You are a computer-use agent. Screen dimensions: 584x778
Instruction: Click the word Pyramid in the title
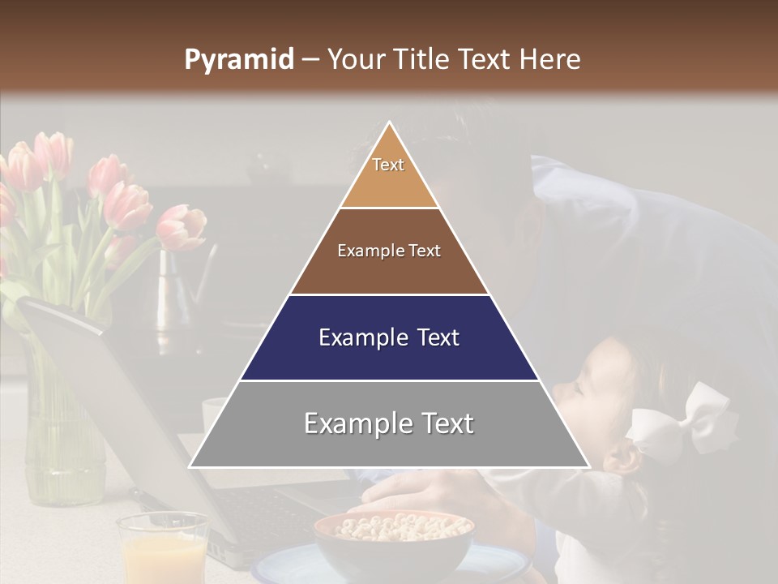(x=239, y=60)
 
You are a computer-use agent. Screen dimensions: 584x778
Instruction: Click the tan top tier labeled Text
(x=389, y=174)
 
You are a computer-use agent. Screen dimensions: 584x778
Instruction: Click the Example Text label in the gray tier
(x=389, y=423)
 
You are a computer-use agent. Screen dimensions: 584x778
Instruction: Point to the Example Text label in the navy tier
(x=389, y=337)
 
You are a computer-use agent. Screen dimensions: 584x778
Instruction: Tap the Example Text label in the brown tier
(x=389, y=251)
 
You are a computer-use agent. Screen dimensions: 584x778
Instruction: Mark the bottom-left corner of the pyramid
(x=190, y=466)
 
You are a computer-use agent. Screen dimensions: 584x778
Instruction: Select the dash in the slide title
(x=310, y=60)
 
